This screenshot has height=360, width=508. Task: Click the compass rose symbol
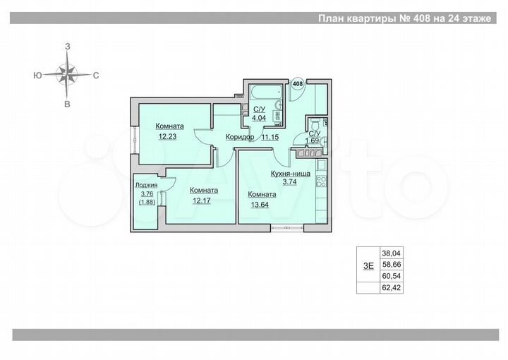(68, 73)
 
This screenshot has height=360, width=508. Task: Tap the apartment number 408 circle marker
(297, 84)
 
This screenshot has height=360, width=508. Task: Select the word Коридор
(240, 137)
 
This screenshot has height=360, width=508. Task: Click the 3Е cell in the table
(368, 265)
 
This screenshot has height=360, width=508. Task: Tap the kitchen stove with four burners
(321, 181)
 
